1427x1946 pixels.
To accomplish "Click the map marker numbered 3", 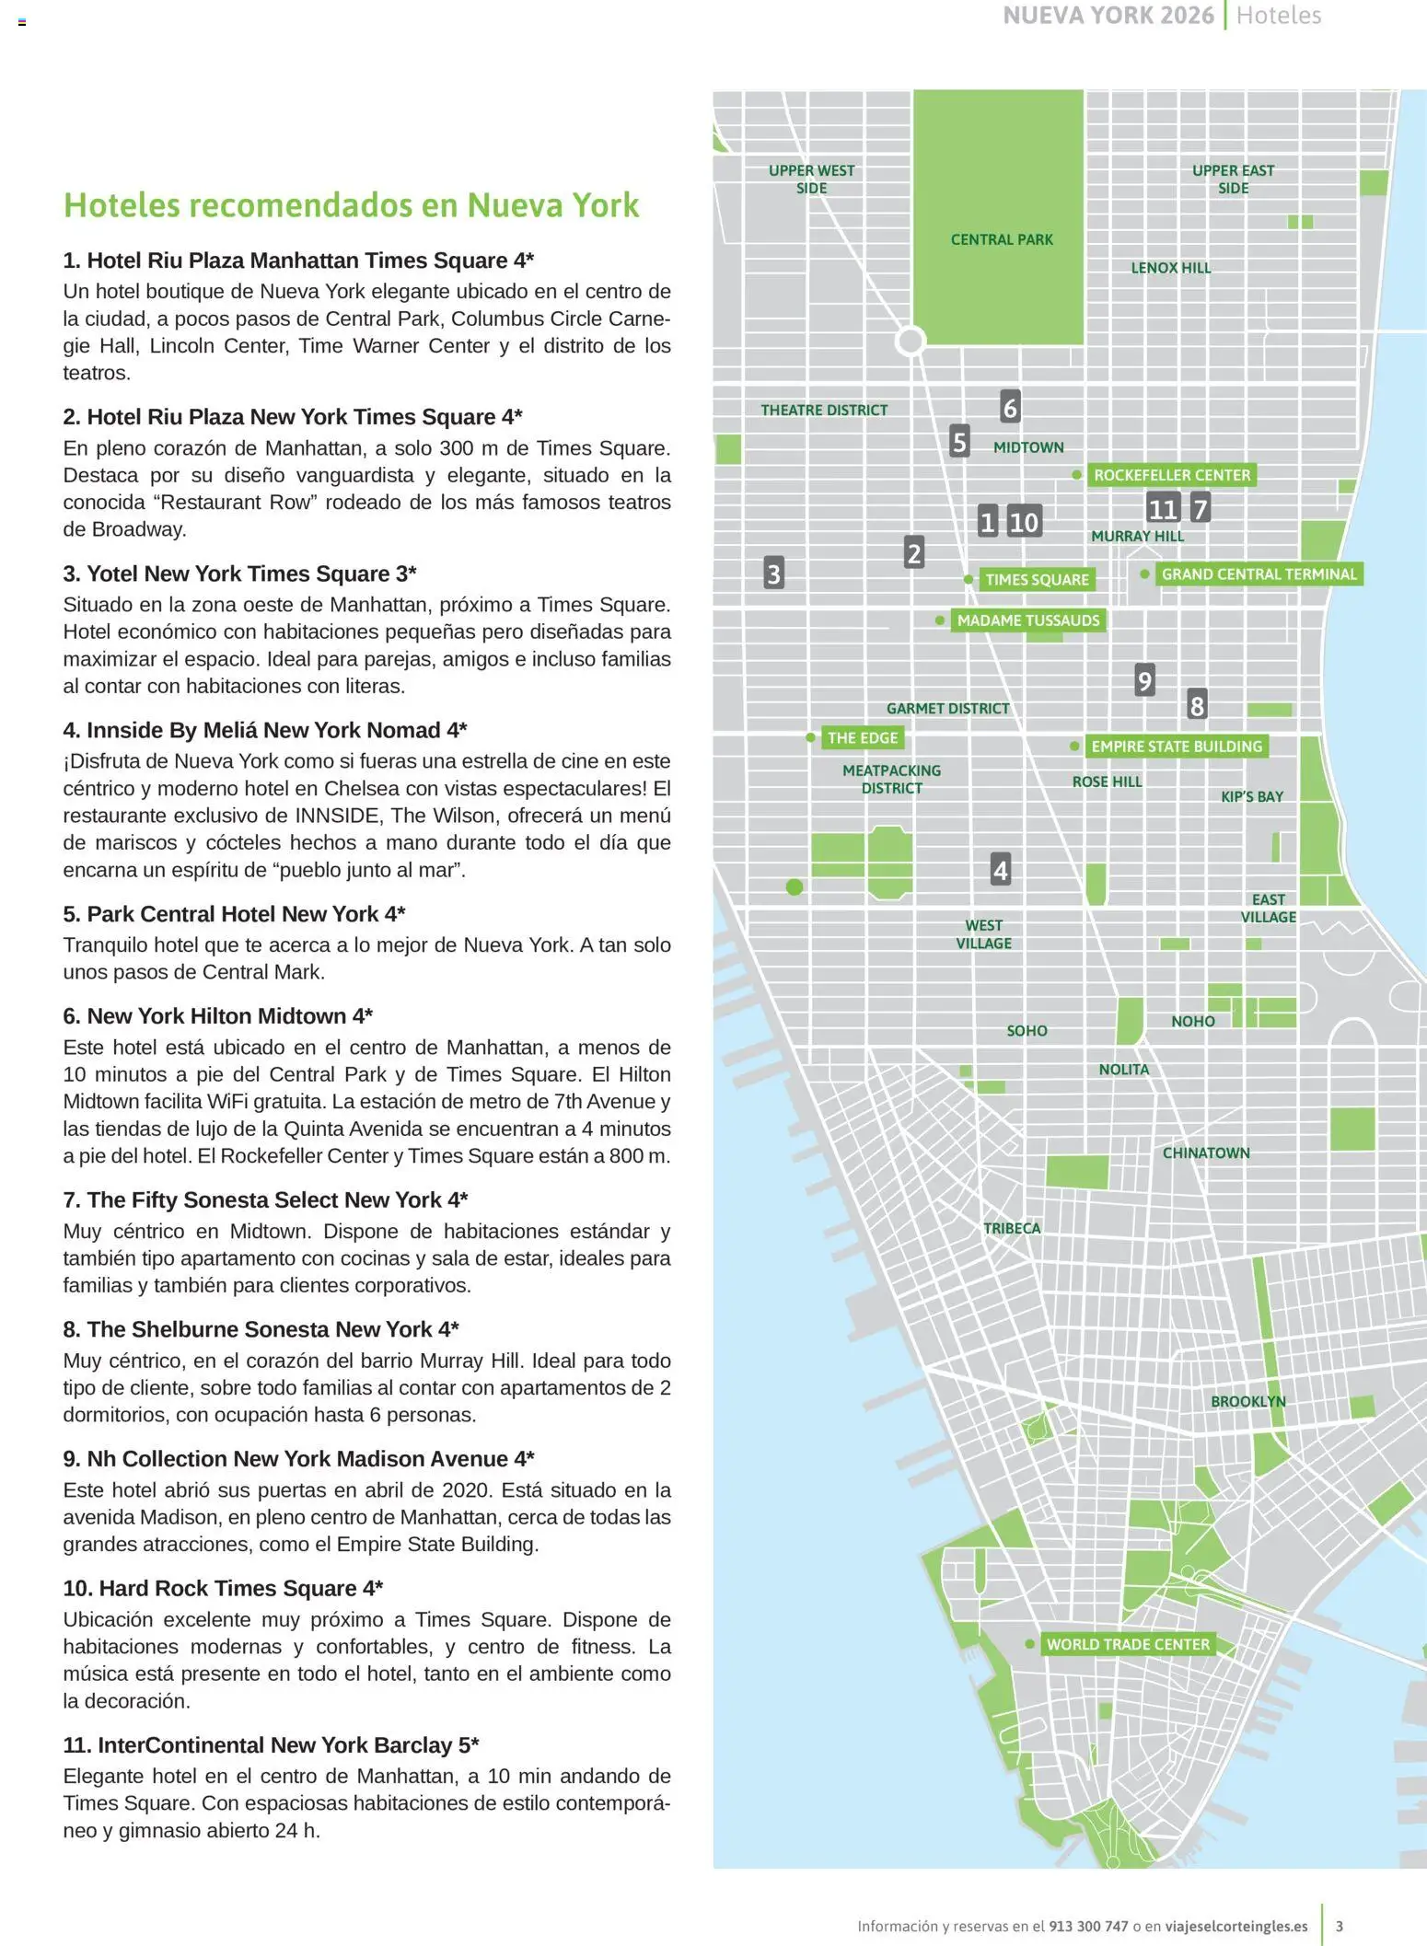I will pos(773,573).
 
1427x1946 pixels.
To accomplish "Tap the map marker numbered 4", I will pos(1000,869).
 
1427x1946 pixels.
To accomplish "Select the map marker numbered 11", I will pos(1163,508).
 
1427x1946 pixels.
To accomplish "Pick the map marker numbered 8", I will pos(1196,705).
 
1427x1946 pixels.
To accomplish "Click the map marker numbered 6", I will pos(1009,407).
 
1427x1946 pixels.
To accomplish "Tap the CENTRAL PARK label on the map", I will pos(1002,239).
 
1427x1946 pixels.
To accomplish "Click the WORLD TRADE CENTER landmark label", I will pos(1128,1644).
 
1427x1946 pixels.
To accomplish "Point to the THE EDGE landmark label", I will pos(862,737).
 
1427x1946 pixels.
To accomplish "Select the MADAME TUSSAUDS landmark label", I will pos(1027,620).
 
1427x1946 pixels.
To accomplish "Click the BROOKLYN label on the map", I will pos(1247,1401).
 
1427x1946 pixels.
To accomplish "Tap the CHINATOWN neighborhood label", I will pos(1205,1153).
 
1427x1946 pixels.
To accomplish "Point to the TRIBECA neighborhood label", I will pos(1011,1228).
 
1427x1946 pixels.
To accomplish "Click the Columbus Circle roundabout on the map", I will pos(911,341).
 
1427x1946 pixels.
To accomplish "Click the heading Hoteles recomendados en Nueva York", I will pos(351,204).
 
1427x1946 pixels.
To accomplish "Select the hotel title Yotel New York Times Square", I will pos(239,573).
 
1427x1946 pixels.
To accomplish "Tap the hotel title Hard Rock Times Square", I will pos(223,1588).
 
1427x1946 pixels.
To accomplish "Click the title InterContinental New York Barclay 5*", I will pos(271,1744).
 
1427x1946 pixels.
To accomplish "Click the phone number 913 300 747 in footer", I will pos(1088,1926).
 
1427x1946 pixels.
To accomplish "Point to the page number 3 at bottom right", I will pos(1339,1926).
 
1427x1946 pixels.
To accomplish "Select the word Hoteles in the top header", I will pos(1278,16).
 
